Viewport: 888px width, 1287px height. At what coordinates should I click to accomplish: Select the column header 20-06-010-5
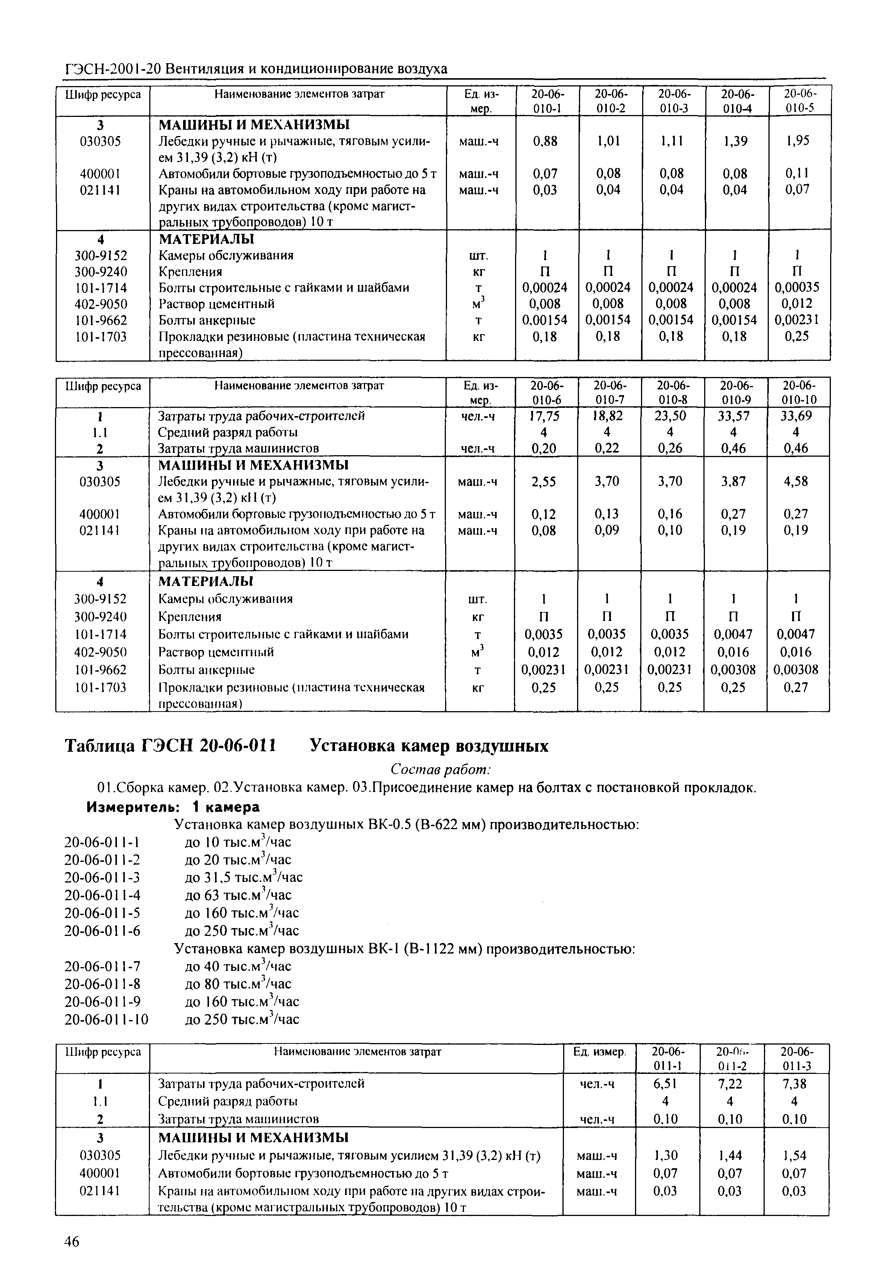(x=799, y=101)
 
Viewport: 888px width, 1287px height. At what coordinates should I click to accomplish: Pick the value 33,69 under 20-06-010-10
(x=796, y=416)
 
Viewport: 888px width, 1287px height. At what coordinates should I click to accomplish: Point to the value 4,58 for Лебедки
(x=796, y=481)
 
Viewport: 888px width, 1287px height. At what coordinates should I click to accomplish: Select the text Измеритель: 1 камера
(x=173, y=807)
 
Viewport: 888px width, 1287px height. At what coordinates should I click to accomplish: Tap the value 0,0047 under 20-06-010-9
(x=733, y=634)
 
